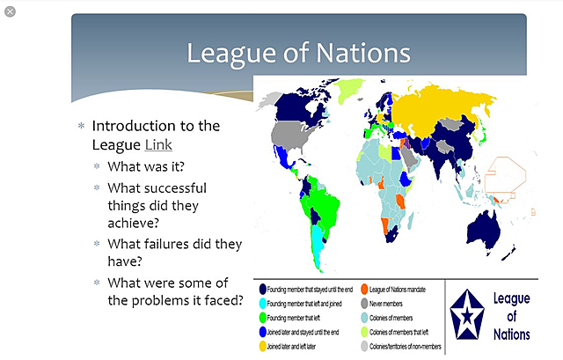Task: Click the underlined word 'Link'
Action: tap(159, 143)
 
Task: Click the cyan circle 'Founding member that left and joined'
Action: tap(262, 304)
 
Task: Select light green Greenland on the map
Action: tap(349, 89)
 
